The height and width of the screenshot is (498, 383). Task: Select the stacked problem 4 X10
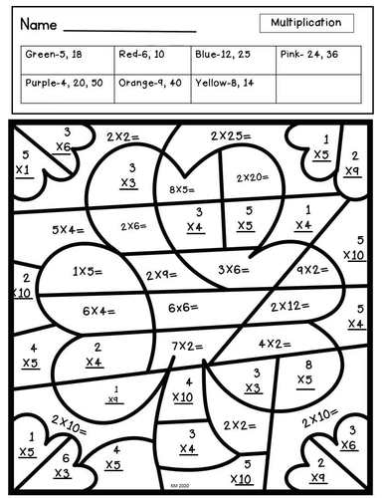coord(183,389)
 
